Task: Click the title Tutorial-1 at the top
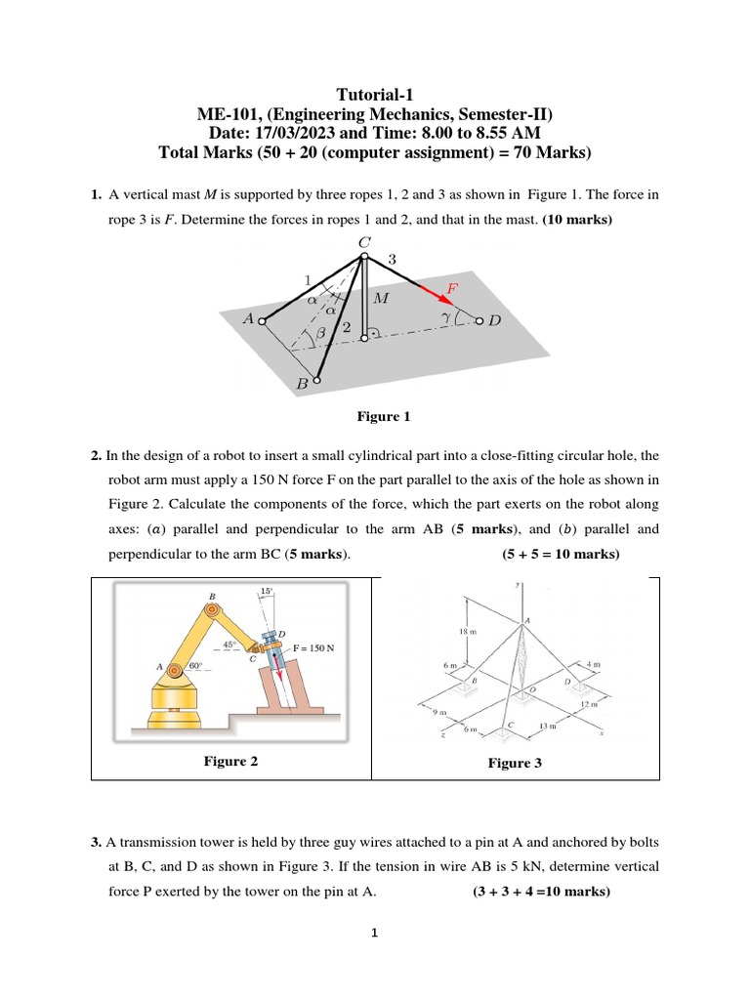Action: [375, 95]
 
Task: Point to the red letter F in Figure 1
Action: [452, 288]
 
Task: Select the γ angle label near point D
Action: [444, 317]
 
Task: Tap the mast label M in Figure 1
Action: [381, 299]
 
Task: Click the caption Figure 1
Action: [383, 417]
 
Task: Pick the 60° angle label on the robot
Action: [196, 666]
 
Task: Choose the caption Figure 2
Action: [230, 761]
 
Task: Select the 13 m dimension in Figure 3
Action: [548, 727]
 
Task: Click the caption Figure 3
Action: [515, 764]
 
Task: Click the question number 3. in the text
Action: [97, 842]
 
